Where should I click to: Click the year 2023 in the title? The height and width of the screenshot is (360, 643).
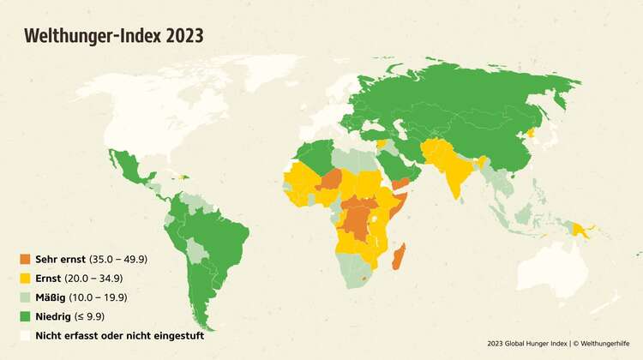pos(185,35)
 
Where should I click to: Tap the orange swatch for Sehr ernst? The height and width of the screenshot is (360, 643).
pos(26,259)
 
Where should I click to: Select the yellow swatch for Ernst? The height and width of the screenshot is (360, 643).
pos(26,278)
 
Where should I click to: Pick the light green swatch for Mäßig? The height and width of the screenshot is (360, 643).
pos(26,297)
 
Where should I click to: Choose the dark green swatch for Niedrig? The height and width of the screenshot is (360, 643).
pos(26,316)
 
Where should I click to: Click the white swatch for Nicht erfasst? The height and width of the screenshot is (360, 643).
pos(26,335)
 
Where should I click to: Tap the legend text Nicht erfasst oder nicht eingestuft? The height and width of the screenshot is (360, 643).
pos(119,335)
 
